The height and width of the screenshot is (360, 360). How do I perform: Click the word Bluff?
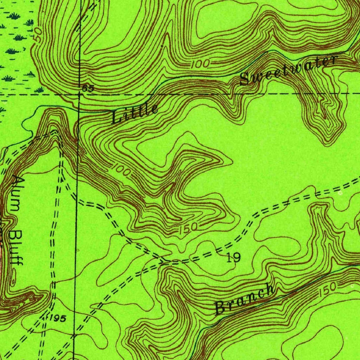tap(16, 248)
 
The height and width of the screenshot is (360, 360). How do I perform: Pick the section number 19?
tap(233, 258)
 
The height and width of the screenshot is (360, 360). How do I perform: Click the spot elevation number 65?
tap(88, 89)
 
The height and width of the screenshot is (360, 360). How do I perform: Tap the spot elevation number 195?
tap(58, 319)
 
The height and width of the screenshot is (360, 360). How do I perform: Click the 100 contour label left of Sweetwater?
tap(201, 64)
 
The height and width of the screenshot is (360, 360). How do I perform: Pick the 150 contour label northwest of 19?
tap(188, 230)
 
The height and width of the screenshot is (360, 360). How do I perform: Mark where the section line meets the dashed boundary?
tap(79, 95)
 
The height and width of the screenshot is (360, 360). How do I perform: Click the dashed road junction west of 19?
tap(165, 261)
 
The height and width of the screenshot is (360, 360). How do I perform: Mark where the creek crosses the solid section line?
tap(78, 110)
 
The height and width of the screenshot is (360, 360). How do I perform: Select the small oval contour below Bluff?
tap(13, 281)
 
